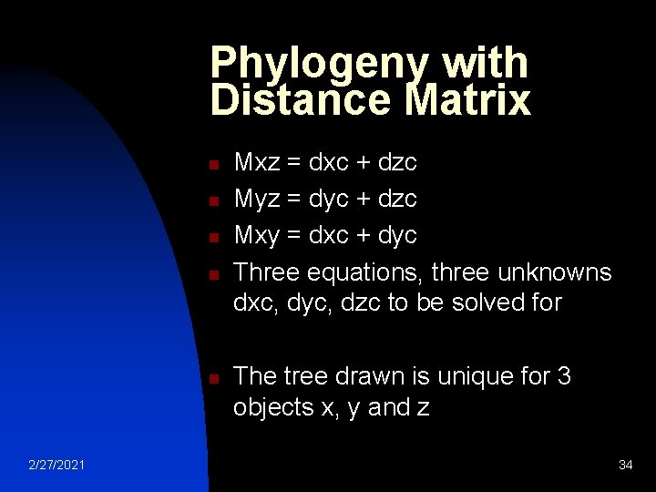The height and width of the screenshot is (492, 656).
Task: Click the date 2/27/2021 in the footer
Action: (57, 466)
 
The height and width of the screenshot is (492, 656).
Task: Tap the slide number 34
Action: (625, 466)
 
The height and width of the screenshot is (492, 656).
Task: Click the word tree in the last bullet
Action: (304, 375)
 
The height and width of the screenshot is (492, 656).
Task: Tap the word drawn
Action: (369, 375)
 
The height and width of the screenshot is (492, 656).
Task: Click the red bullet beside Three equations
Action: (210, 274)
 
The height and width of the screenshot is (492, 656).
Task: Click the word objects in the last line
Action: (273, 407)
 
